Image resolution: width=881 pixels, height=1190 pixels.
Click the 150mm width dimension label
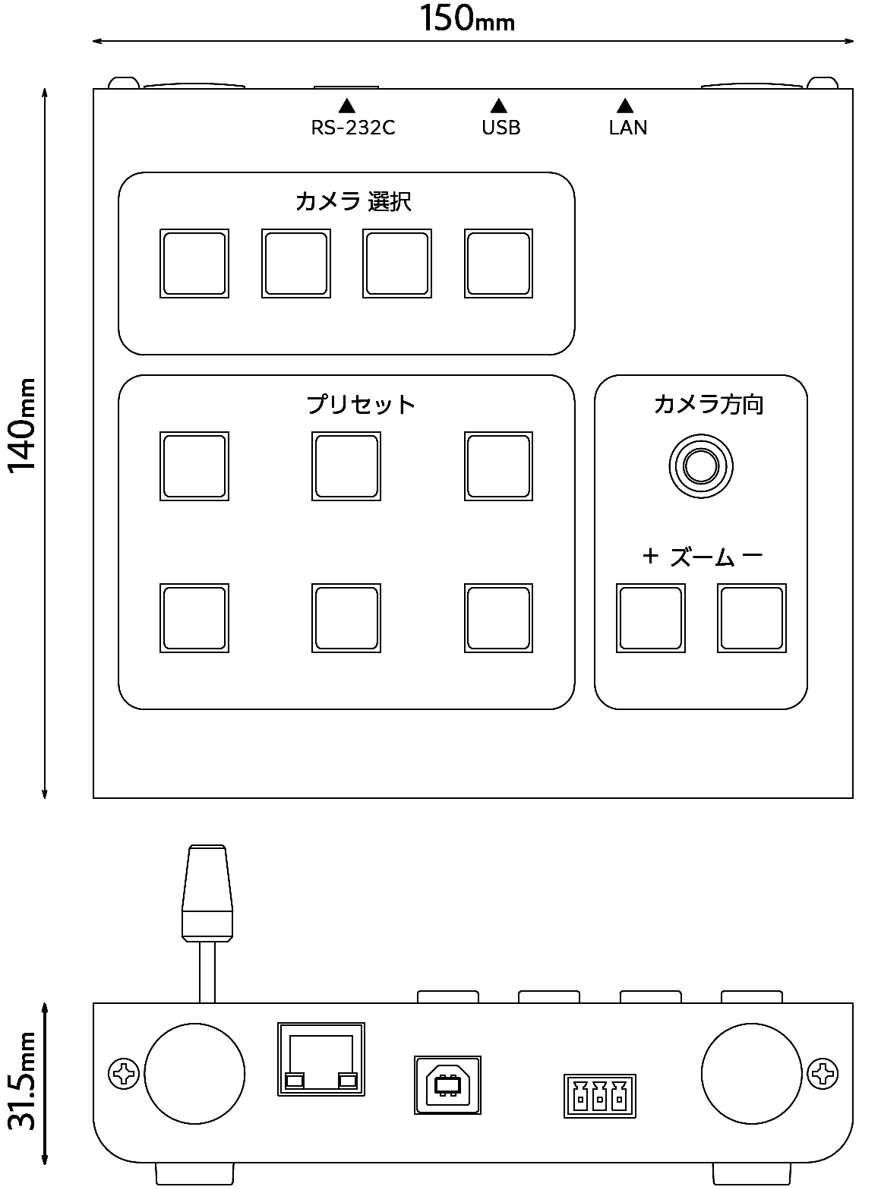coord(468,19)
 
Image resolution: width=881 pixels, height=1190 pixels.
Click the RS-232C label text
coord(353,128)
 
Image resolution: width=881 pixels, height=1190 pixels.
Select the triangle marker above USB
coord(499,106)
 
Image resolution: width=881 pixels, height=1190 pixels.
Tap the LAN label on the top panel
coord(628,128)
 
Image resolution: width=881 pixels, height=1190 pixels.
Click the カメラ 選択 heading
coord(353,202)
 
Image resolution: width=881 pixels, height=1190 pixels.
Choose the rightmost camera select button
coord(498,264)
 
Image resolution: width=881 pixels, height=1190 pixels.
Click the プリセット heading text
coord(361,404)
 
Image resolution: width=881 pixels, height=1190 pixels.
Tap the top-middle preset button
coord(346,466)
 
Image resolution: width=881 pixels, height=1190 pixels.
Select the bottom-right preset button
coord(498,618)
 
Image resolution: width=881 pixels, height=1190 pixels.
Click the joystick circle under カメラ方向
coord(700,466)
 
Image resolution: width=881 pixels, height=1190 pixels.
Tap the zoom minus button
coord(752,618)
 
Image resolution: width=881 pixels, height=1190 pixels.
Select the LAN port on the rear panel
coord(321,1059)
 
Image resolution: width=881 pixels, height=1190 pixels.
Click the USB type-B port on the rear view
coord(447,1085)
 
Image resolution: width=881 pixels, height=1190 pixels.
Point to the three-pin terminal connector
coord(600,1096)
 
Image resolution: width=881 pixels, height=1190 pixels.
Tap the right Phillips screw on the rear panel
coord(822,1074)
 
